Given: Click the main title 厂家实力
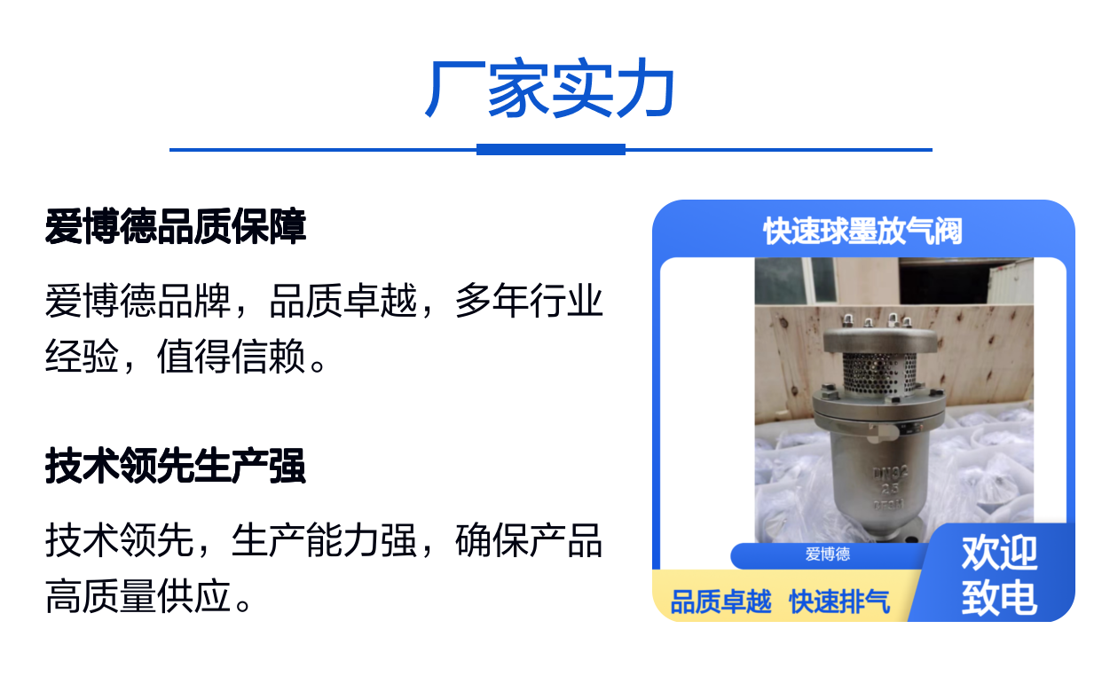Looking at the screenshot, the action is click(550, 88).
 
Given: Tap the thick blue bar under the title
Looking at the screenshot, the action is click(550, 150).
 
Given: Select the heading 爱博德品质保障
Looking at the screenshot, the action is click(176, 226).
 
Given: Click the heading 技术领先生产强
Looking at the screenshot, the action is click(176, 466).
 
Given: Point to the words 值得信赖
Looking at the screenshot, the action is click(232, 356).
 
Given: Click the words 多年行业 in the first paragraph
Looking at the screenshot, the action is click(529, 300).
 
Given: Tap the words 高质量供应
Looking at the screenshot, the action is click(138, 596).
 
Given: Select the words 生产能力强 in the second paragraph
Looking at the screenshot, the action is click(324, 540).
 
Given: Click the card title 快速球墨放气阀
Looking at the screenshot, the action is click(863, 231).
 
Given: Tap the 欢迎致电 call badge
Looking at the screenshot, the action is click(999, 575).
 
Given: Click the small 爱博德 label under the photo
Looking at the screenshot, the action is click(828, 554).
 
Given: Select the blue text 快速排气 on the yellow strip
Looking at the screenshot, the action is click(839, 601).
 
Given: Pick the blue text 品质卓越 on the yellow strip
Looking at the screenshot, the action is click(720, 601).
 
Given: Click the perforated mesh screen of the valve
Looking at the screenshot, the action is click(879, 373).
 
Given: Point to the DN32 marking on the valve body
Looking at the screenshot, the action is click(891, 474).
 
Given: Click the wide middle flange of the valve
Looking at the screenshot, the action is click(879, 407).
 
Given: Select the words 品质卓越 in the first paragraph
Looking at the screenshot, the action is click(342, 300).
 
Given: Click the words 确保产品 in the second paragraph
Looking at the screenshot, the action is click(529, 540).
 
